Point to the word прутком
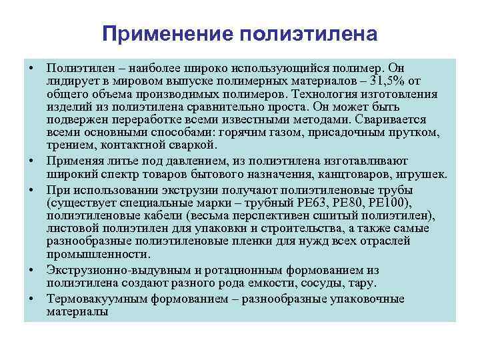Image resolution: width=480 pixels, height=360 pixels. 417,132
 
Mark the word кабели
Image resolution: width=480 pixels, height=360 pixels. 164,215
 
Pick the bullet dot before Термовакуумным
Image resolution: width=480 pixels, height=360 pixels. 32,298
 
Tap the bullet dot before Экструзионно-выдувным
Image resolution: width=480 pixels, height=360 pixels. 32,269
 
